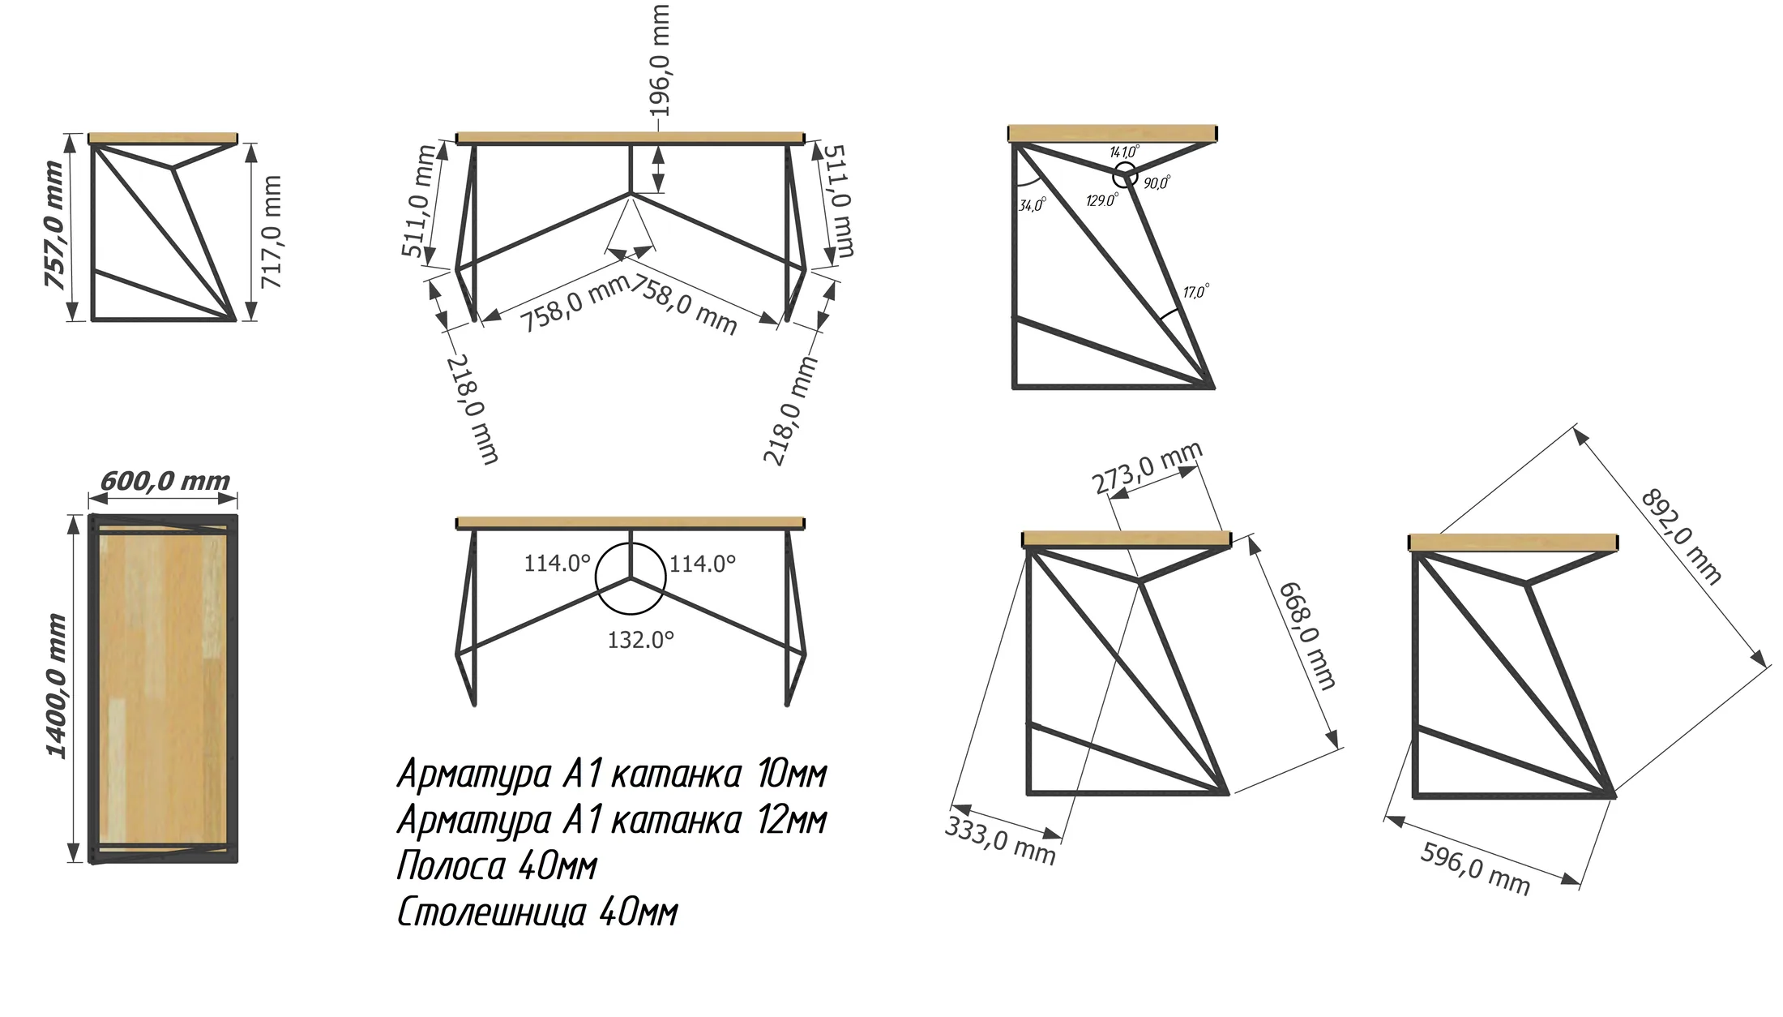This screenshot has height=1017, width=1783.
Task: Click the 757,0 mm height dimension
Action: [x=53, y=225]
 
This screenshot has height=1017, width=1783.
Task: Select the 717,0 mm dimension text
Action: [x=272, y=232]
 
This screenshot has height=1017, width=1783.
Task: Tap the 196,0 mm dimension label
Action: [x=661, y=60]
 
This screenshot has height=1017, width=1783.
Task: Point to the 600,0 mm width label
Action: [x=165, y=481]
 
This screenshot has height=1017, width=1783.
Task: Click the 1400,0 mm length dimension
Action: [x=56, y=686]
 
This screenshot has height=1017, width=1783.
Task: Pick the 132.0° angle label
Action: [x=640, y=640]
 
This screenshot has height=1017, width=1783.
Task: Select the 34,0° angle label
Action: [x=1033, y=204]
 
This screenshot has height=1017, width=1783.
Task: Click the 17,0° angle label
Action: [x=1196, y=290]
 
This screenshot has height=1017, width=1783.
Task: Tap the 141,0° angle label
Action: [x=1124, y=152]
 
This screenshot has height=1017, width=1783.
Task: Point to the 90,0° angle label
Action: [x=1157, y=183]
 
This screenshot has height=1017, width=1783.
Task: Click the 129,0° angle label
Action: [x=1102, y=200]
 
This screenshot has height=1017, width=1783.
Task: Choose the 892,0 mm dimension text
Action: [x=1681, y=536]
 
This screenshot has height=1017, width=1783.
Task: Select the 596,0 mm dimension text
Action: [x=1475, y=869]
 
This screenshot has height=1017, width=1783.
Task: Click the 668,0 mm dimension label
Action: [x=1306, y=636]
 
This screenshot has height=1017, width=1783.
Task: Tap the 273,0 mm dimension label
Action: [x=1147, y=468]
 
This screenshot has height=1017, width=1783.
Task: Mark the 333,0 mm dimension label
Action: [x=1000, y=841]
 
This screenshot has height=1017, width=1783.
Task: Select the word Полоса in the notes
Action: [x=451, y=866]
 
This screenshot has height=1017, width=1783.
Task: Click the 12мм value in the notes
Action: [x=792, y=820]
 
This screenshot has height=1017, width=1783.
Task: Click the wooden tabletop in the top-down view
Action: [x=163, y=688]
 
